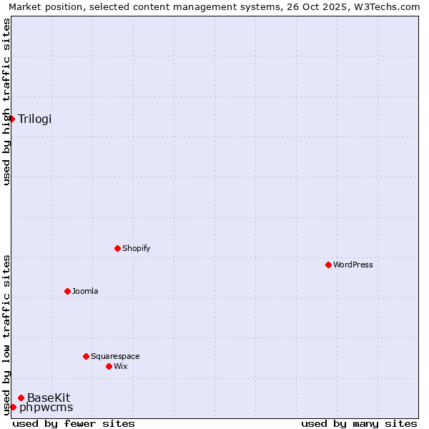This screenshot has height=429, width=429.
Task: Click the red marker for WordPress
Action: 328,265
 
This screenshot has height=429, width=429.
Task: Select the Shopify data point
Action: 117,248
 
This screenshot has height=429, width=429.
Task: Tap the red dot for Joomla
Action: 67,291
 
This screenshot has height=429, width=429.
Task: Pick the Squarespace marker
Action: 86,356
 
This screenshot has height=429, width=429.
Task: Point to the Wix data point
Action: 109,366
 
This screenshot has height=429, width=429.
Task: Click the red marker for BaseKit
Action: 21,398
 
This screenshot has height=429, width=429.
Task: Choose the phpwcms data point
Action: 13,407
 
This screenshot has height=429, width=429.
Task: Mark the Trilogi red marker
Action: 11,119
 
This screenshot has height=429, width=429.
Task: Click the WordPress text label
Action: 353,265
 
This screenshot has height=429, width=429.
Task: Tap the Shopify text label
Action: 136,248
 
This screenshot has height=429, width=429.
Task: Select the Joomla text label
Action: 85,291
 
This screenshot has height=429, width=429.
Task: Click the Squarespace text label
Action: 115,356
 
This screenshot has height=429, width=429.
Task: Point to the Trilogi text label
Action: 35,119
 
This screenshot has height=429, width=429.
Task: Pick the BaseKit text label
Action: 49,398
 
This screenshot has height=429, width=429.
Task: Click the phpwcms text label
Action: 46,408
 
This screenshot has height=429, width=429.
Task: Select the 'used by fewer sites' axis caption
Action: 74,423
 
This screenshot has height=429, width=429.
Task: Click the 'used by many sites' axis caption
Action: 359,423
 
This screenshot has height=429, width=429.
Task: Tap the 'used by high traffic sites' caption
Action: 6,102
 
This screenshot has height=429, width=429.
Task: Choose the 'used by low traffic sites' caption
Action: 6,335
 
